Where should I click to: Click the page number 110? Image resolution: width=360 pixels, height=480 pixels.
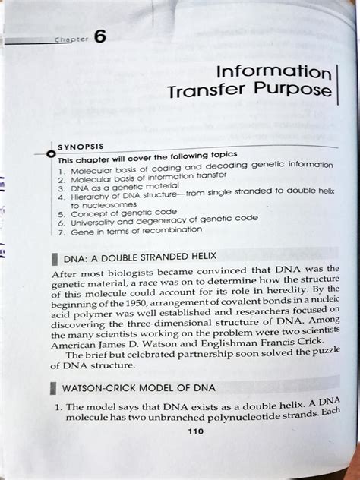coord(196,453)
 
